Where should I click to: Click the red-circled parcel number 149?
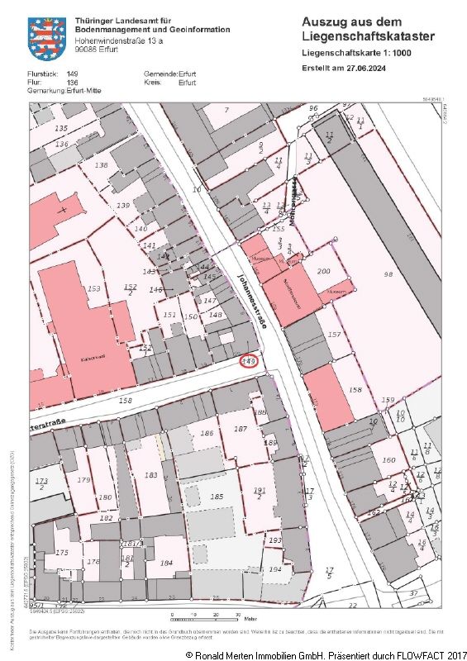point(248,360)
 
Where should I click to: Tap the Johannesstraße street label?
point(250,302)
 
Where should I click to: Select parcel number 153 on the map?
point(93,288)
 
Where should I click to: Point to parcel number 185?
point(217,497)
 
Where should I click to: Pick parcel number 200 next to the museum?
point(323,271)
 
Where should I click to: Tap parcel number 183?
point(150,475)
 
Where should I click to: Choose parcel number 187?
point(241,429)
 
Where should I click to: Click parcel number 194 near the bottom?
point(275,570)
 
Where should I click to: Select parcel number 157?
point(334,335)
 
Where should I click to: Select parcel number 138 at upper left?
point(102,165)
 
